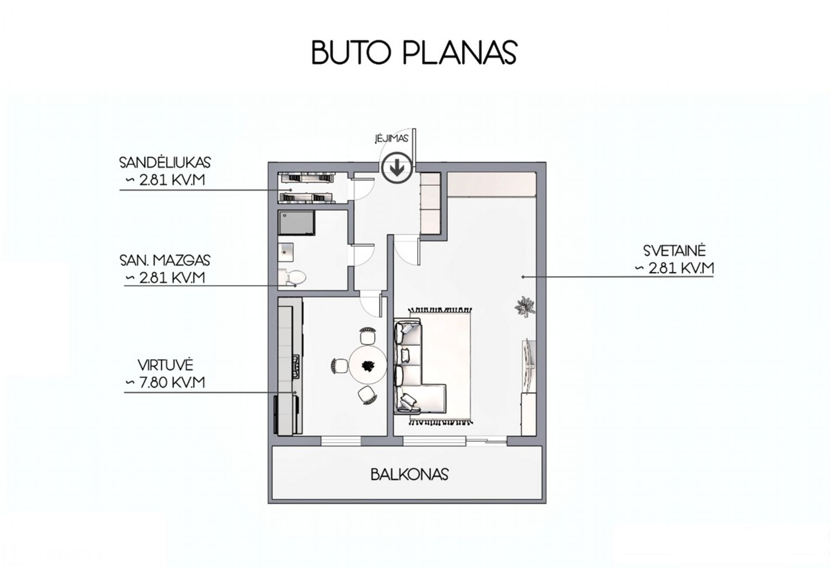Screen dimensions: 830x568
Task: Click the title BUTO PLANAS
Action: pos(414,53)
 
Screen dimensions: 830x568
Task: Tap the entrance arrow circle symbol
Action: pos(397,168)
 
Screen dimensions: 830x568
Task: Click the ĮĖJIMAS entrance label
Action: pos(391,139)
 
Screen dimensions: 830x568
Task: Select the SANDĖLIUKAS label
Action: pos(165,162)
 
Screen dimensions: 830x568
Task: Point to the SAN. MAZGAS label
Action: pos(165,260)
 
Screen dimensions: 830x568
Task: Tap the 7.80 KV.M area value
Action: pos(172,382)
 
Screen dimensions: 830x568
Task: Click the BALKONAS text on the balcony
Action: pos(410,474)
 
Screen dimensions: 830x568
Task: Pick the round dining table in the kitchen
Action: pos(367,366)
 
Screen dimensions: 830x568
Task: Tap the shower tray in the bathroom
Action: pos(297,224)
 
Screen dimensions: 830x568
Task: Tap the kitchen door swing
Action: pos(371,304)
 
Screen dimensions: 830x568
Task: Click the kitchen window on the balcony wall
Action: pos(341,441)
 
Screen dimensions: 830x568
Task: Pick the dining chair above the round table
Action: pos(367,336)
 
